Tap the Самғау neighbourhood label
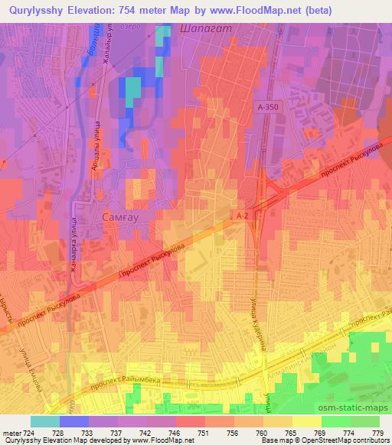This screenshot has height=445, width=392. pyautogui.click(x=122, y=218)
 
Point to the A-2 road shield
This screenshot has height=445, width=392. pyautogui.click(x=243, y=216)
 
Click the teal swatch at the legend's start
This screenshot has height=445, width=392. pyautogui.click(x=44, y=421)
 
